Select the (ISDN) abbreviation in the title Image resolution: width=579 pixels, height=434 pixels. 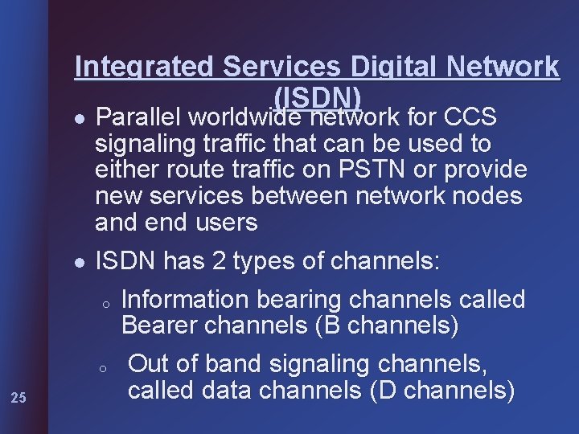pyautogui.click(x=316, y=96)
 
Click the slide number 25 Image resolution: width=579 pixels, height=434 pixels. pyautogui.click(x=20, y=396)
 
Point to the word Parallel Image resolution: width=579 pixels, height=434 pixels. pyautogui.click(x=138, y=118)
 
